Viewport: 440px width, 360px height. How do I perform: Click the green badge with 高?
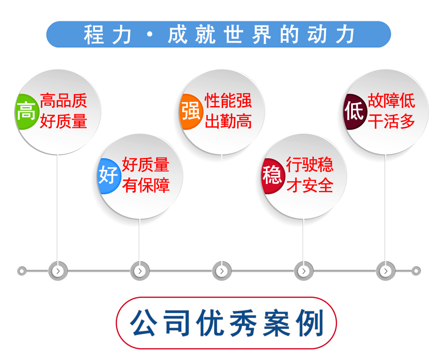point(26,112)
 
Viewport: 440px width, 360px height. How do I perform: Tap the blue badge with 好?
point(109,176)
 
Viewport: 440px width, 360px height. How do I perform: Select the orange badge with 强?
point(191,112)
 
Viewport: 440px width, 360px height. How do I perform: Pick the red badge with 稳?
point(273,176)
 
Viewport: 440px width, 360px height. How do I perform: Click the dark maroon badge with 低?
point(355,112)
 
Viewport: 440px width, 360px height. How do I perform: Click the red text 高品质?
point(63,101)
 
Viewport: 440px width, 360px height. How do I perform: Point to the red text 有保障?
point(146,185)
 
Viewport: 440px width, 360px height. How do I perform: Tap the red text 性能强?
point(228,101)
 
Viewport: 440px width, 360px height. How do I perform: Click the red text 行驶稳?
point(310,165)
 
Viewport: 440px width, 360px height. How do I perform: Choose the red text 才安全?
point(310,185)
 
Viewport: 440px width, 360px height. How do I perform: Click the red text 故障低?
point(392,101)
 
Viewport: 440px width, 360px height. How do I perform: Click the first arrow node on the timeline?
point(58,271)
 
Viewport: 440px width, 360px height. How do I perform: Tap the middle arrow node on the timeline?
point(222,271)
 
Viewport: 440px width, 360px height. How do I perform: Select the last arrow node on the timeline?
point(385,271)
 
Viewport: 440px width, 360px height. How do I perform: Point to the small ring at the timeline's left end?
point(22,271)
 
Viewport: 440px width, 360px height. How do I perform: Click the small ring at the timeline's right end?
point(416,271)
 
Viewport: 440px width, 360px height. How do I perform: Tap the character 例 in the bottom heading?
point(310,323)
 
